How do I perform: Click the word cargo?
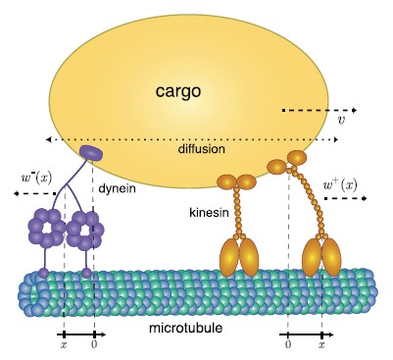point(177,92)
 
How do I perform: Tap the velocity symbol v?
point(340,122)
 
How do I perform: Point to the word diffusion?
point(202,150)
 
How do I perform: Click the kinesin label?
point(210,211)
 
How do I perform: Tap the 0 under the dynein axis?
point(94,345)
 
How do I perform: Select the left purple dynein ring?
point(45,230)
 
